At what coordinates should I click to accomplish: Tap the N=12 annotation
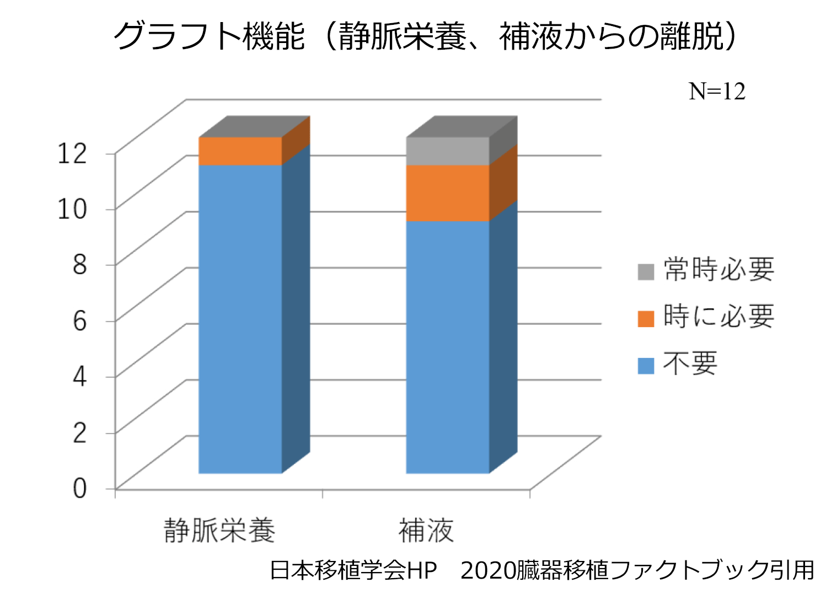717,92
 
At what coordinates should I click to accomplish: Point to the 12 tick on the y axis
73,153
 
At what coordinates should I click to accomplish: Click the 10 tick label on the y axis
73,208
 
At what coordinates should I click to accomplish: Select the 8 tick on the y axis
80,264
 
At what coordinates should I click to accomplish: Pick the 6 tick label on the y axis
80,320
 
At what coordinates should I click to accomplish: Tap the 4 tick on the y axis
80,376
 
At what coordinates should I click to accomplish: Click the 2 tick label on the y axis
80,432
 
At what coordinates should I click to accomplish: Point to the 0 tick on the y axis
80,488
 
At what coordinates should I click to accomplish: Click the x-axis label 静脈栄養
219,531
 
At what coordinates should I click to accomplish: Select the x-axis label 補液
426,531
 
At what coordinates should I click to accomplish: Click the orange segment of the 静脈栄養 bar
240,151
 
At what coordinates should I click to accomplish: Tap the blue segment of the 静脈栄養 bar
240,319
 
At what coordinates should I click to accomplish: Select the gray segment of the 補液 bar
447,151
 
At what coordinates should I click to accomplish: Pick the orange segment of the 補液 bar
447,193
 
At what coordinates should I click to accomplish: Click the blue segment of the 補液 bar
447,347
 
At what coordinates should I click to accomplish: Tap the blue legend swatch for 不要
646,366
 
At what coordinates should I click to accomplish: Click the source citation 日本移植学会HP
353,570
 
